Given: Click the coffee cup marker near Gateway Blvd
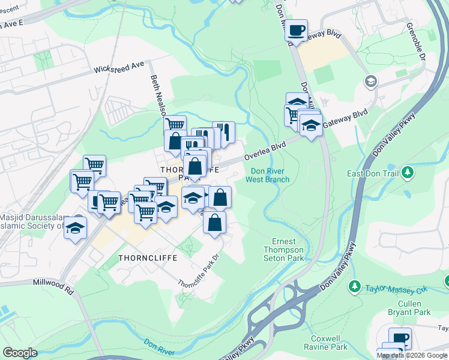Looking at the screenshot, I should (297, 30).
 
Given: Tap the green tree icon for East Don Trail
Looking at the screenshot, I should (408, 173).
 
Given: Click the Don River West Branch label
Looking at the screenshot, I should (270, 175).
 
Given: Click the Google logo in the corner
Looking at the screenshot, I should (20, 353).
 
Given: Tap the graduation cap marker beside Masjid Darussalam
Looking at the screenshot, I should (76, 228).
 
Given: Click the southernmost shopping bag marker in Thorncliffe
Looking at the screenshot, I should (214, 223).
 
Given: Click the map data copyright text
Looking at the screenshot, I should (412, 355).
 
